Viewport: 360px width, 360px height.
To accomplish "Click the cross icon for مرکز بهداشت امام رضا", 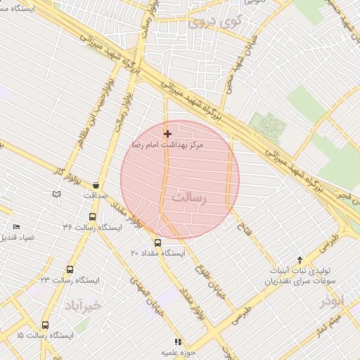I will click(167, 134).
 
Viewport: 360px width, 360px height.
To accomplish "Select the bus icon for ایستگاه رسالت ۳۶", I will click(92, 217).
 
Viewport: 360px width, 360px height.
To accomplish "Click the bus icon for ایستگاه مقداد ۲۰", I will click(157, 243).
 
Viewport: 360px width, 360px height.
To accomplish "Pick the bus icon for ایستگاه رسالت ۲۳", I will click(70, 269).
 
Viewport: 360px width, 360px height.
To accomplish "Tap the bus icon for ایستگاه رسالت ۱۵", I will click(45, 325).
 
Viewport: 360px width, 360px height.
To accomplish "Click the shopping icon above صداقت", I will click(96, 185).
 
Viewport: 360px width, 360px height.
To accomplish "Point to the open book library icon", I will click(56, 193).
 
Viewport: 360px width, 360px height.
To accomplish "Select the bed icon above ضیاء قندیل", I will click(16, 226).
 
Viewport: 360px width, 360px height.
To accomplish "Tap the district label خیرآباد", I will click(83, 305).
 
